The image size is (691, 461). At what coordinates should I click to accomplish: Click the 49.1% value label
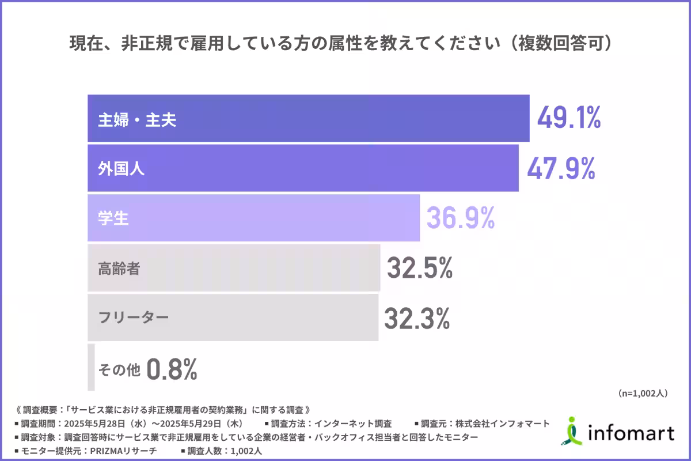(x=569, y=118)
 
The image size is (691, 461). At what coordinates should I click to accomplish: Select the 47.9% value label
(x=561, y=168)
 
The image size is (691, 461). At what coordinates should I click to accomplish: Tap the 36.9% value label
(x=461, y=218)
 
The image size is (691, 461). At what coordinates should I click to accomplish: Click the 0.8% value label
(x=172, y=369)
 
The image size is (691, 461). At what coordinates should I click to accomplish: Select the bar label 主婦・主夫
(x=136, y=119)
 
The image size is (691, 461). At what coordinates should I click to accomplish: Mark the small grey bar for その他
(x=91, y=368)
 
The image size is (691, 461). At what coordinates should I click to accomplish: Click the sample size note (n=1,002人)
(x=643, y=394)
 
